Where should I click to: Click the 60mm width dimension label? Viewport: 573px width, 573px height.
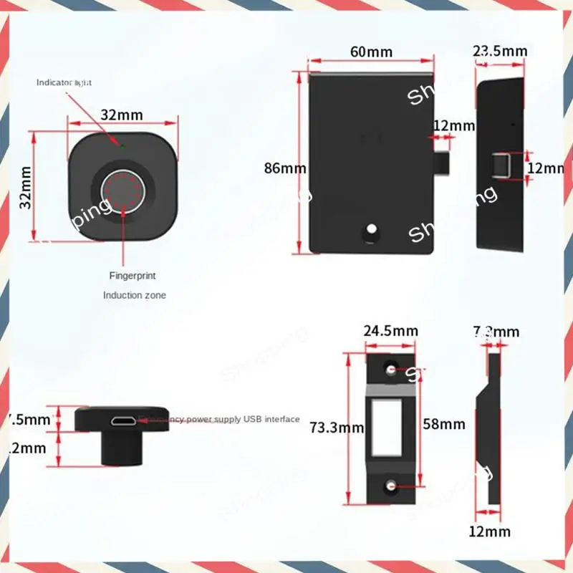(x=372, y=52)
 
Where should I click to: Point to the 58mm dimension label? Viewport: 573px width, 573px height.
(x=444, y=424)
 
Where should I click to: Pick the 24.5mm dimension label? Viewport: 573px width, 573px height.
(x=390, y=331)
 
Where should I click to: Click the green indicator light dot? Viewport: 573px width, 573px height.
(x=122, y=147)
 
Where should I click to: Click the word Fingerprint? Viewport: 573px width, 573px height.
(x=132, y=275)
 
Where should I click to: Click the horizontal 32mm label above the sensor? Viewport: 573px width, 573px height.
(x=121, y=115)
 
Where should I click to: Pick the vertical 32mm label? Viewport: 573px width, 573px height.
(x=26, y=187)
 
